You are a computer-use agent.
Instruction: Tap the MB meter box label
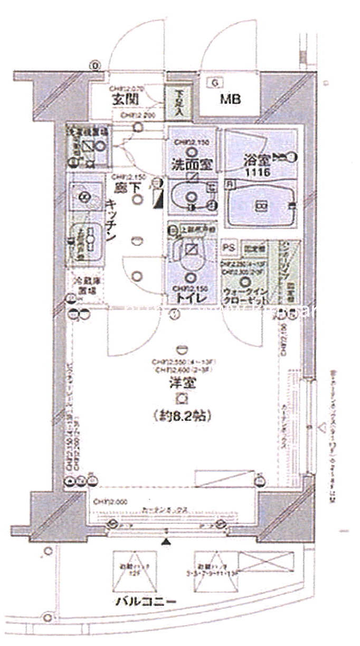(x=230, y=99)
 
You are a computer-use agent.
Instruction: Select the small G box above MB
(x=214, y=82)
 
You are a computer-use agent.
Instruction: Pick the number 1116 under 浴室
(x=257, y=173)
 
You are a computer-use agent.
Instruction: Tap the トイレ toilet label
(x=190, y=299)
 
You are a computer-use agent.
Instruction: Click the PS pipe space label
(x=229, y=247)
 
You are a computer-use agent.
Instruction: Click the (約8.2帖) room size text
(x=183, y=416)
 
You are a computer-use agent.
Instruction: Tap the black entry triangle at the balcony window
(x=166, y=541)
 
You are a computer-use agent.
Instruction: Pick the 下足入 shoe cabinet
(x=179, y=102)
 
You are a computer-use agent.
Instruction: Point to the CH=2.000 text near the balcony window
(x=108, y=502)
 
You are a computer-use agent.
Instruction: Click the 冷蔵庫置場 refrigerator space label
(x=84, y=286)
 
